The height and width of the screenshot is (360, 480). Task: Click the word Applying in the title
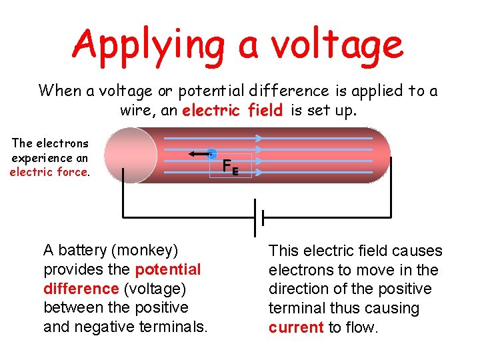tap(150, 45)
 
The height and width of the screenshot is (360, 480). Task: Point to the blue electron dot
tap(211, 154)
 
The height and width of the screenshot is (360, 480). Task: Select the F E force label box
tap(239, 166)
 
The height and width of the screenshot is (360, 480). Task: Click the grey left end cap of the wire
tap(130, 155)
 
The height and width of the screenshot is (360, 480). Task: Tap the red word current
tap(296, 327)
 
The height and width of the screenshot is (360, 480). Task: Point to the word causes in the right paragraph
tap(417, 251)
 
